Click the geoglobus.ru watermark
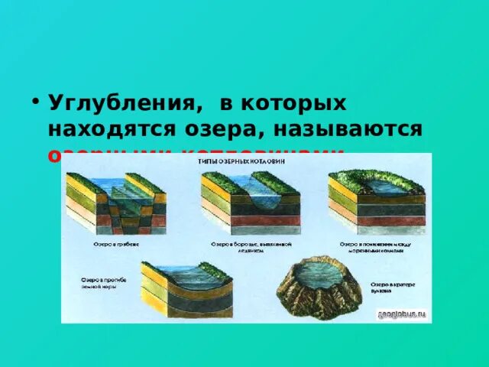(x=401, y=313)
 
